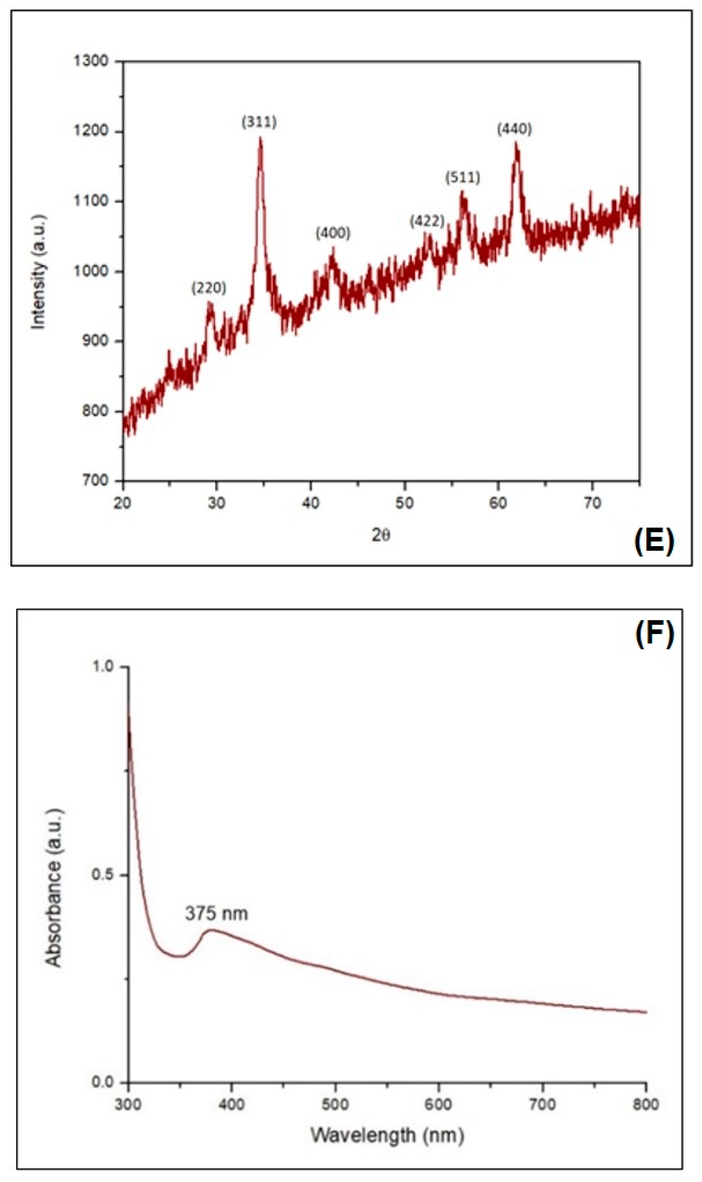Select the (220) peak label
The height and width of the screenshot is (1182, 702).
click(x=209, y=288)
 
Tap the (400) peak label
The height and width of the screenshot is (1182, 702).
click(x=333, y=233)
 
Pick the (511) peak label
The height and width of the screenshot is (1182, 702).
click(x=462, y=178)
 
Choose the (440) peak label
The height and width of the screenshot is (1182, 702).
click(x=514, y=129)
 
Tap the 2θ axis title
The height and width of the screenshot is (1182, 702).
click(x=381, y=535)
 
